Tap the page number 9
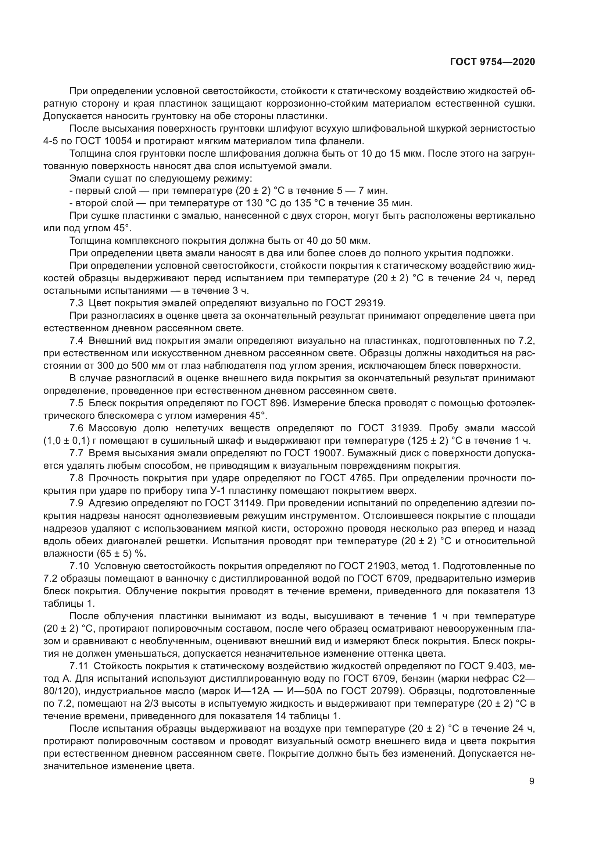pyautogui.click(x=532, y=781)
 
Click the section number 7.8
pyautogui.click(x=76, y=478)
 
